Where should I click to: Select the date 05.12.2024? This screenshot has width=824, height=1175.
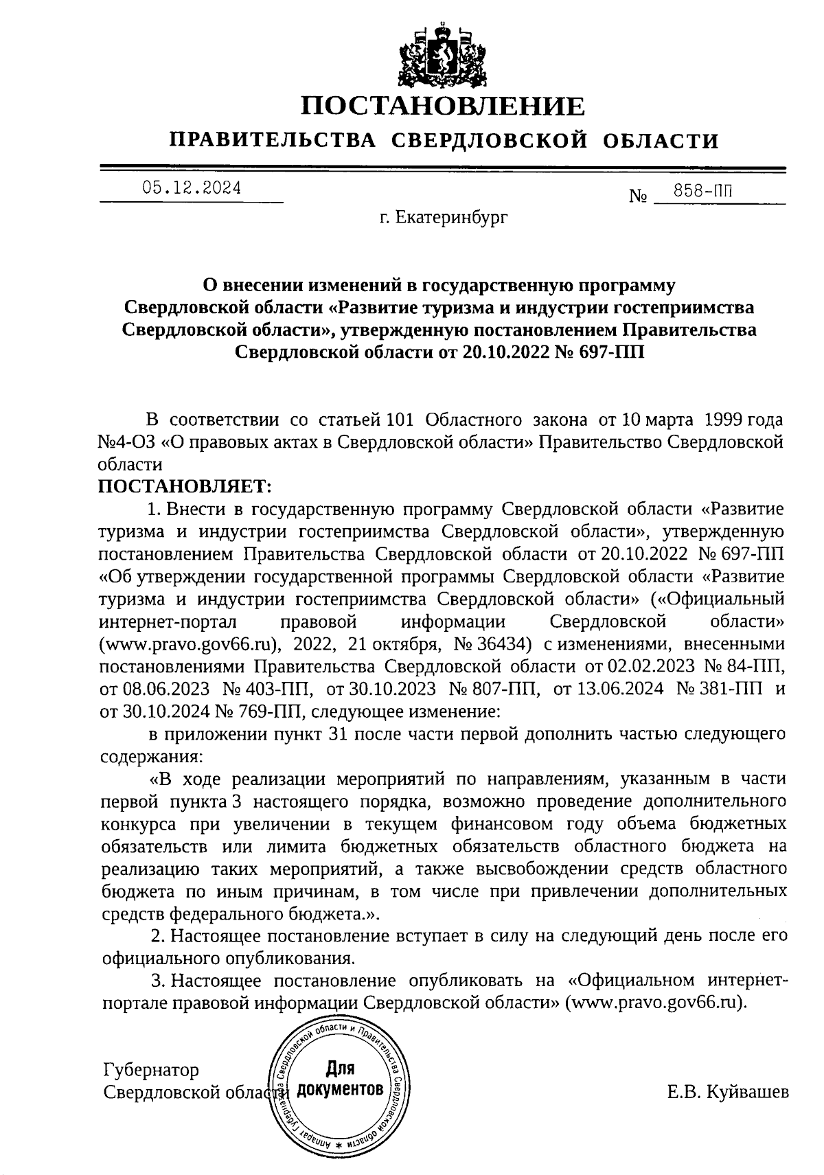[192, 187]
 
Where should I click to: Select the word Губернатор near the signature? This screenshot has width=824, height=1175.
[151, 1070]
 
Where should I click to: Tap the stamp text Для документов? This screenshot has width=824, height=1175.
[341, 1080]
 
